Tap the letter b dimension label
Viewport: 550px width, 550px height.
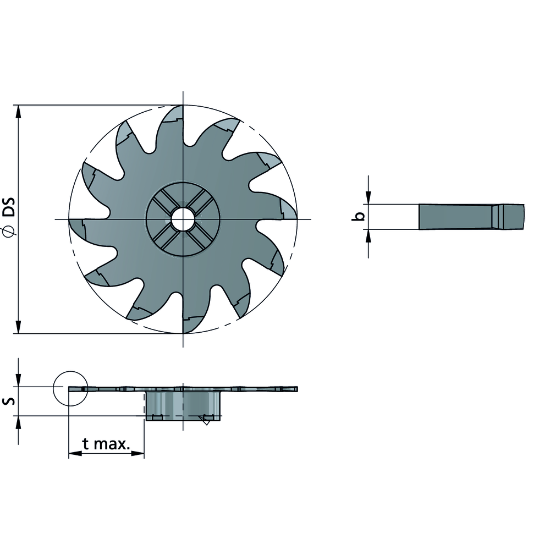(x=358, y=217)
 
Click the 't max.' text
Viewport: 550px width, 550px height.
(x=106, y=444)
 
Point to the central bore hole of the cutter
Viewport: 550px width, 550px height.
(x=182, y=219)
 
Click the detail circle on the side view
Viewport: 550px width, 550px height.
(x=70, y=388)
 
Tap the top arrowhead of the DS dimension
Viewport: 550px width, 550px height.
(x=19, y=111)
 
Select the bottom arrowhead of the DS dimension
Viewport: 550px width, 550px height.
(x=19, y=327)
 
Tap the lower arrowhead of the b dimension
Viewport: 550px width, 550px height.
(x=369, y=235)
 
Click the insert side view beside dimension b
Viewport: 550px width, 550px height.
(x=471, y=217)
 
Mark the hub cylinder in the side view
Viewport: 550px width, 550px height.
(x=183, y=404)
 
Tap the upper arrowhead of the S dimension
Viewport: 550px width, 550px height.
(x=19, y=381)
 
